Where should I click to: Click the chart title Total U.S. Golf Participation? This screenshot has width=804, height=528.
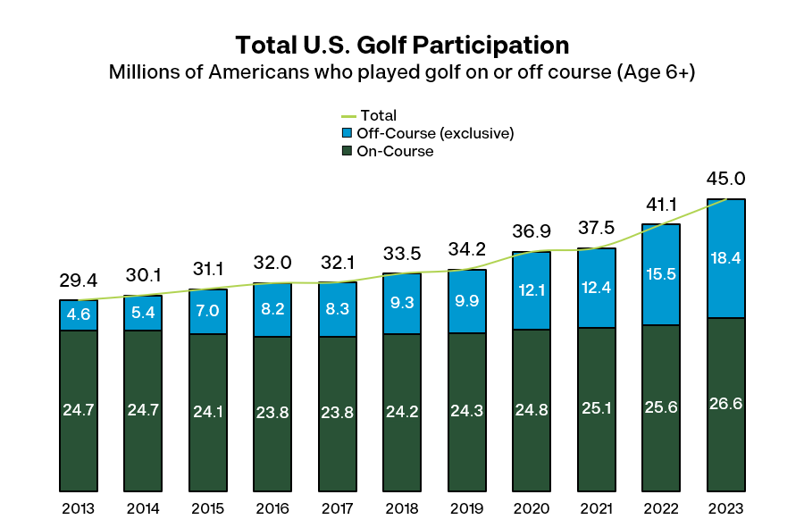(x=401, y=45)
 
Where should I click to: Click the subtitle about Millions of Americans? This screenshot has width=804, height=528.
(x=401, y=72)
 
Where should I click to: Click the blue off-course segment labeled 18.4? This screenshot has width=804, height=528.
(x=725, y=258)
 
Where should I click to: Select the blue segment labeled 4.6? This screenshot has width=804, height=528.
(x=79, y=314)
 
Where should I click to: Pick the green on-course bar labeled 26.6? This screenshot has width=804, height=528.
(x=725, y=404)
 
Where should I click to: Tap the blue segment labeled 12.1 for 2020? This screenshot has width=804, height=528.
(x=532, y=290)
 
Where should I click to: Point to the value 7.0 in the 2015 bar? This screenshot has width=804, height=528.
(x=208, y=311)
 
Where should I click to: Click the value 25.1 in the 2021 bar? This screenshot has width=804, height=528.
(x=597, y=410)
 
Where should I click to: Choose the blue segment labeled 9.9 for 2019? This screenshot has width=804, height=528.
(x=467, y=301)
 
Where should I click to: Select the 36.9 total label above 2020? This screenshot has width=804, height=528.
(x=532, y=232)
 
